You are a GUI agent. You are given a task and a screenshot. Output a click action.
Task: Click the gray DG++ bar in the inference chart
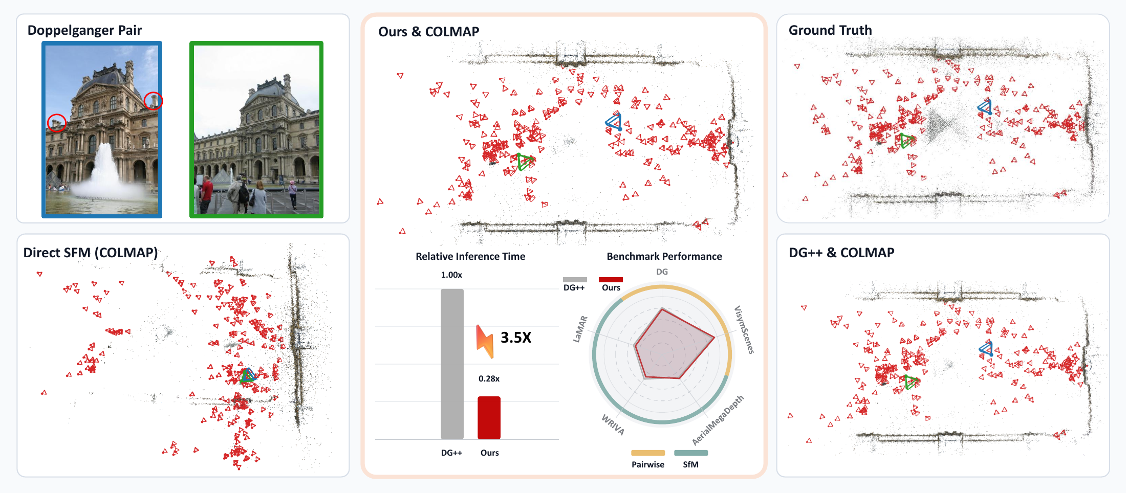click(x=452, y=364)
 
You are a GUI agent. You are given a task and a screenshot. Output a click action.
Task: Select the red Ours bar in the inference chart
click(x=489, y=417)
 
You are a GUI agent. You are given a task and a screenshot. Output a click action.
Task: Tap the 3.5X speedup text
click(x=516, y=338)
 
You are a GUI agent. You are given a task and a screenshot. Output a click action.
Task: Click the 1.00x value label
click(x=451, y=275)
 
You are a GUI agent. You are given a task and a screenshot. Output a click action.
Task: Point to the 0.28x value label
click(x=489, y=378)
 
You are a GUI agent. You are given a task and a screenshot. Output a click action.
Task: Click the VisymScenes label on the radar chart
click(x=744, y=330)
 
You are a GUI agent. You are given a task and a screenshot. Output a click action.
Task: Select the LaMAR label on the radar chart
click(x=580, y=329)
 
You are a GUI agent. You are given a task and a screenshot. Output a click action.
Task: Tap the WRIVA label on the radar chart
click(x=613, y=424)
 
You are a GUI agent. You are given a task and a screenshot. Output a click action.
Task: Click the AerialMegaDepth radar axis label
click(x=718, y=420)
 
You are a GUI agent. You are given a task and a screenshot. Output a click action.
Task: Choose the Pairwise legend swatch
click(x=648, y=453)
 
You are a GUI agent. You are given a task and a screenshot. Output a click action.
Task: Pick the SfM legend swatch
click(x=691, y=453)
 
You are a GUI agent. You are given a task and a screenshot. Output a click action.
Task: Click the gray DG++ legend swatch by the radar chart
click(x=575, y=280)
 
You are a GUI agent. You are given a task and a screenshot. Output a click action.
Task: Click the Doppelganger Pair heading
click(x=84, y=30)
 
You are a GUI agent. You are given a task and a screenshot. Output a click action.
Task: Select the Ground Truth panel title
click(x=830, y=30)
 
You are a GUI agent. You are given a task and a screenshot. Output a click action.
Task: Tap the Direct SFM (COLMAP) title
click(x=91, y=253)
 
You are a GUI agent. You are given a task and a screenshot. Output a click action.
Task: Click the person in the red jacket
click(x=206, y=194)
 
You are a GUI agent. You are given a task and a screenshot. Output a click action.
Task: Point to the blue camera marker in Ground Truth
click(x=985, y=107)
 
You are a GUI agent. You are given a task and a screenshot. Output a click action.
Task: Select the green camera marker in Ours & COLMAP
click(x=525, y=162)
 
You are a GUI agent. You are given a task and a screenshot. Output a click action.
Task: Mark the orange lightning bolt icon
click(x=485, y=341)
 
